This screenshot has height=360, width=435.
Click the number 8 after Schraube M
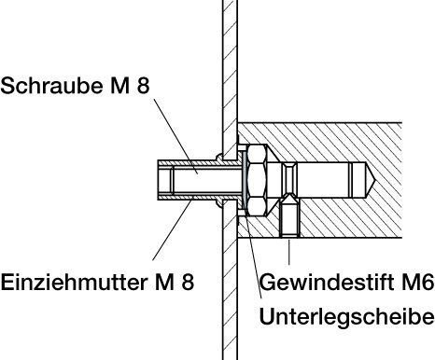point(143,86)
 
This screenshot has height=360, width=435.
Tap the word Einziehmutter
point(74,283)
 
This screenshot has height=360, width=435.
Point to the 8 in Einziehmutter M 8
point(188,283)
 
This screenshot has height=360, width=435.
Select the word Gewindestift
point(328,283)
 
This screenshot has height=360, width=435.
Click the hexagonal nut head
point(257,180)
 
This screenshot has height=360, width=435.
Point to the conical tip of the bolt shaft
point(371,180)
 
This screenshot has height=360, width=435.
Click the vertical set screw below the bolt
point(289,219)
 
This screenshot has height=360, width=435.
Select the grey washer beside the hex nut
point(245,180)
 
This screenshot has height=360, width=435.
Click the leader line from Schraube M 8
point(175,136)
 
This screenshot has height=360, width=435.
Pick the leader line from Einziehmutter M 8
point(173,228)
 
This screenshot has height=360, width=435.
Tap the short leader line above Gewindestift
point(289,252)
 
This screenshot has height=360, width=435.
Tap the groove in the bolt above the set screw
point(290,179)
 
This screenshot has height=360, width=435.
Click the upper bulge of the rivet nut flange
point(219,157)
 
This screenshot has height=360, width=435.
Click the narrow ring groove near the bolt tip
point(350,180)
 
